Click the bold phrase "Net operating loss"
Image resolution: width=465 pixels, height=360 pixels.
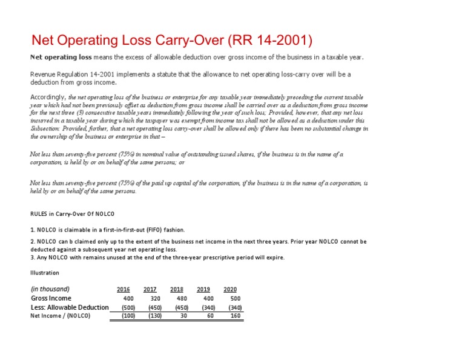[x=61, y=58]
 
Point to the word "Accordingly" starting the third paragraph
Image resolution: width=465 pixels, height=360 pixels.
[x=48, y=96]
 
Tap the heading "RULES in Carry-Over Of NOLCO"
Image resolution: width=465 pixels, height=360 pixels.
[x=72, y=214]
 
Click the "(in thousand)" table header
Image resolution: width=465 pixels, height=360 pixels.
[x=50, y=289]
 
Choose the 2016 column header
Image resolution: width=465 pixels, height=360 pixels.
[x=123, y=289]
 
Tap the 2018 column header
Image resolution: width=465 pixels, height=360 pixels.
[x=177, y=289]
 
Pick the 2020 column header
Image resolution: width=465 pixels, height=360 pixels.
[x=230, y=289]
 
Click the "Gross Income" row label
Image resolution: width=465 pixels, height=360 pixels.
[x=51, y=298]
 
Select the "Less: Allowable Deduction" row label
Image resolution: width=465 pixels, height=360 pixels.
[x=70, y=307]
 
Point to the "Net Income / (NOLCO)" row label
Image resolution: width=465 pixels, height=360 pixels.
[x=60, y=316]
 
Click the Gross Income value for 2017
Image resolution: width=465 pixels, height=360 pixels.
[x=155, y=298]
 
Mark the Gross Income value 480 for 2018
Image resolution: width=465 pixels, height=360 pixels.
[x=182, y=298]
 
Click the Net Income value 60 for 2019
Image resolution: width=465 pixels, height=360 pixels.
[x=210, y=316]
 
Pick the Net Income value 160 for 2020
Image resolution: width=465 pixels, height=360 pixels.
[x=235, y=316]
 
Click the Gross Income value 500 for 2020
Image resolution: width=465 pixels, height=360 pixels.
[x=235, y=298]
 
